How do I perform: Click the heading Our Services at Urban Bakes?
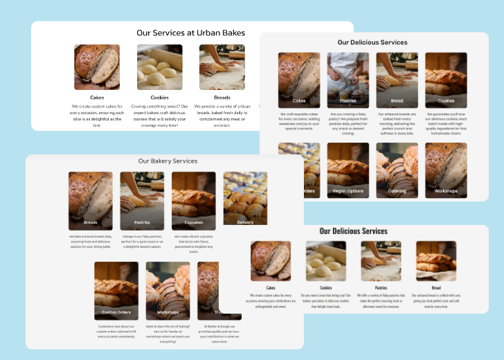[x=190, y=33]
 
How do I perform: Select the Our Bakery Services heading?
[x=168, y=161]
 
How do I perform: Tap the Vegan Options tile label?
[x=348, y=191]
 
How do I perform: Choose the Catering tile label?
[x=397, y=191]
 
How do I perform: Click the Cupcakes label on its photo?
[x=193, y=223]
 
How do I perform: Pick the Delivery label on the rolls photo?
[x=245, y=222]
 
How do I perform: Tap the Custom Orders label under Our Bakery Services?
[x=116, y=312]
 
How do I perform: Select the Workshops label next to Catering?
[x=446, y=191]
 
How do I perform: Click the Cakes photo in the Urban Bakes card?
[x=97, y=68]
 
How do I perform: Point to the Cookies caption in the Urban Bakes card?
[x=159, y=98]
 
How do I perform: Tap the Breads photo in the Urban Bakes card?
[x=222, y=68]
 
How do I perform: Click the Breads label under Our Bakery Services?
[x=91, y=223]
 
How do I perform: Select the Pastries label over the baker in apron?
[x=348, y=101]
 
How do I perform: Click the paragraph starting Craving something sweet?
[x=159, y=116]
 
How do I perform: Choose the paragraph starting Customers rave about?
[x=116, y=330]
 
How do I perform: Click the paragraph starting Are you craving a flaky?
[x=348, y=123]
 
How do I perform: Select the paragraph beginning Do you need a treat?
[x=325, y=301]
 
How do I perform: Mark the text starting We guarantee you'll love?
[x=446, y=123]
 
